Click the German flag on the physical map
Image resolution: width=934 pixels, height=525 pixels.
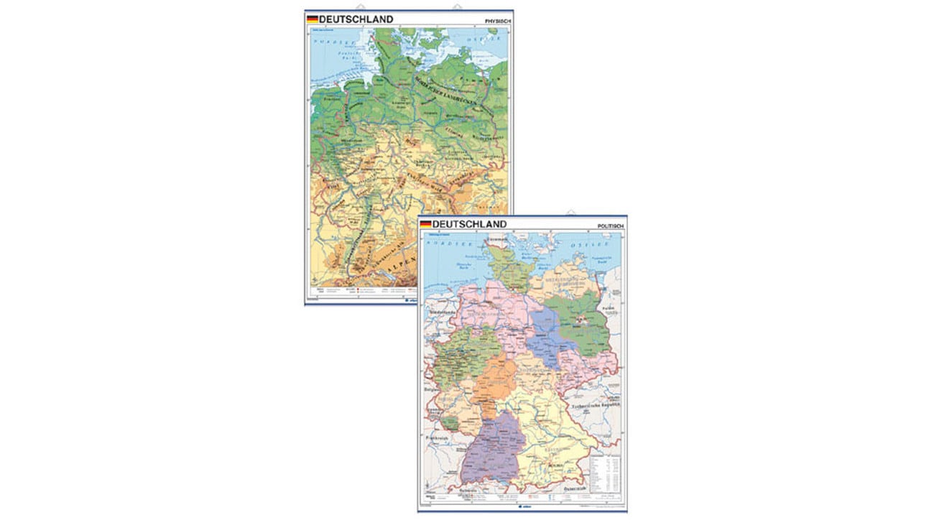click(312, 19)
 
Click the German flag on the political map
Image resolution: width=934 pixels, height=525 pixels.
click(425, 224)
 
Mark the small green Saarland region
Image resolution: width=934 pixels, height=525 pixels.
click(450, 425)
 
